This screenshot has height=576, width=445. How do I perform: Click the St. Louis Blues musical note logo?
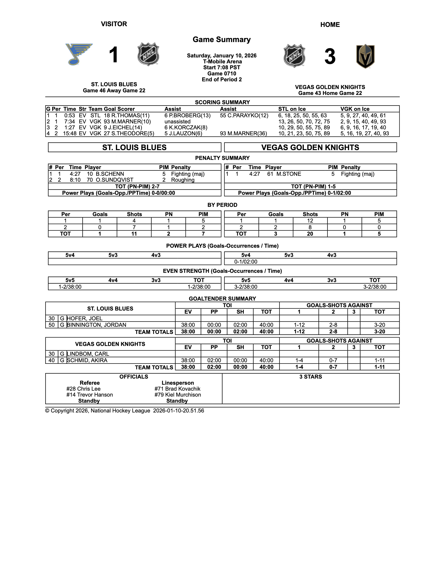pyautogui.click(x=79, y=54)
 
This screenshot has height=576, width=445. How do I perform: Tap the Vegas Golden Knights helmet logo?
pyautogui.click(x=365, y=56)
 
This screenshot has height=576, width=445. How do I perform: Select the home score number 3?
pyautogui.click(x=330, y=56)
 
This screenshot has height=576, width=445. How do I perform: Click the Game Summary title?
pyautogui.click(x=221, y=40)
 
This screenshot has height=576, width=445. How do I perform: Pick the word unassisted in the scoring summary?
pyautogui.click(x=177, y=122)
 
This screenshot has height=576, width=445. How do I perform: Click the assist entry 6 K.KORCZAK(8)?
pyautogui.click(x=186, y=128)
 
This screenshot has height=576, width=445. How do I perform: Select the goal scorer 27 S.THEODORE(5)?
pyautogui.click(x=129, y=134)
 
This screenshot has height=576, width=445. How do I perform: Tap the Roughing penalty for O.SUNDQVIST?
pyautogui.click(x=183, y=180)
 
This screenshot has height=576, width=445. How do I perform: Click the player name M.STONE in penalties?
pyautogui.click(x=289, y=174)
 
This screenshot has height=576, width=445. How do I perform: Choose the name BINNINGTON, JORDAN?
pyautogui.click(x=97, y=325)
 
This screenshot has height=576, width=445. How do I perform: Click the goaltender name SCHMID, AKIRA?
pyautogui.click(x=87, y=360)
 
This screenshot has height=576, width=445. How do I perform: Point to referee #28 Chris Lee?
pyautogui.click(x=83, y=389)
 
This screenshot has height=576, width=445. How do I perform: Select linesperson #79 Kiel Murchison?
pyautogui.click(x=178, y=395)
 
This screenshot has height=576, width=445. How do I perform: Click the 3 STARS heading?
pyautogui.click(x=311, y=377)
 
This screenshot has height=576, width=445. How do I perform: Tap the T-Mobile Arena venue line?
pyautogui.click(x=222, y=61)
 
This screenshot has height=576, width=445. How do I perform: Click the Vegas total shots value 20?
pyautogui.click(x=310, y=234)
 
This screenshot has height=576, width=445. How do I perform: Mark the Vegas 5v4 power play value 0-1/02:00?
pyautogui.click(x=246, y=262)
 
